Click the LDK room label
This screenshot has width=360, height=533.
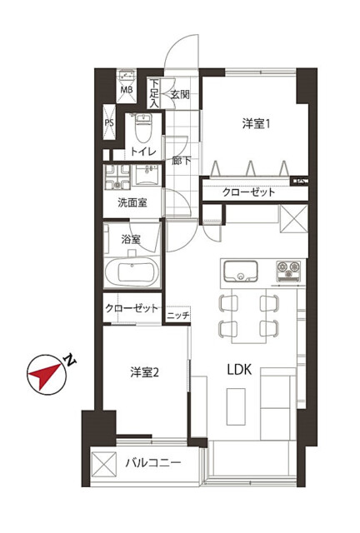tap(239, 370)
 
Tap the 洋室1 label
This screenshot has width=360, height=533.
tap(256, 123)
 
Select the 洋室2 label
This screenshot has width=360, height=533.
tap(145, 372)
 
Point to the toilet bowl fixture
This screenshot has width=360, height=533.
tap(143, 128)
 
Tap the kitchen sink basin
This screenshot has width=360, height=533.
tap(241, 271)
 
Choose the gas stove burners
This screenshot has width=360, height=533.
tap(288, 271)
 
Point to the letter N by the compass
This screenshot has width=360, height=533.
tap(71, 361)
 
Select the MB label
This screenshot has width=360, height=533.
tap(127, 90)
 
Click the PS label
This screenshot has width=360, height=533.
tap(109, 122)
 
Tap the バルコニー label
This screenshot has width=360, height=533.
tap(153, 463)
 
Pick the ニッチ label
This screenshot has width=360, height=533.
tap(178, 316)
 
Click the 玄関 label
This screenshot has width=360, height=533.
tap(180, 94)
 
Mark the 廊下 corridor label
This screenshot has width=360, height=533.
tap(181, 160)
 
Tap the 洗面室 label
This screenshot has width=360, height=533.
tap(132, 202)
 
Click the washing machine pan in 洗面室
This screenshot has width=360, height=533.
tap(117, 177)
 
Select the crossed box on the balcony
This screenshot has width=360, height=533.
tap(104, 464)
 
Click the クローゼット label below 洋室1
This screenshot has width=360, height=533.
tap(248, 192)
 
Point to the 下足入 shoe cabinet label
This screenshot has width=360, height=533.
tap(154, 93)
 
